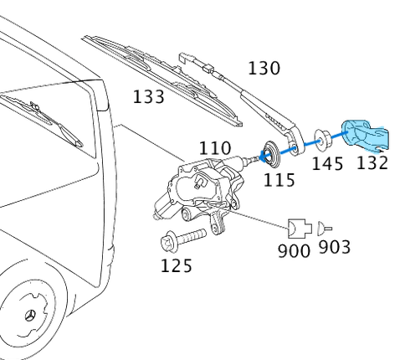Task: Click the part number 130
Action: (x=264, y=68)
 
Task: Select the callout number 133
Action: (x=148, y=96)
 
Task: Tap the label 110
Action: (x=215, y=148)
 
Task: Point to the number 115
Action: (x=279, y=180)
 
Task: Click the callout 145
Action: (x=327, y=163)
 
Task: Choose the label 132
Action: (x=372, y=162)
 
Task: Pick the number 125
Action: (x=176, y=266)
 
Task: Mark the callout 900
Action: (x=294, y=249)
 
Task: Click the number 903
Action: (x=334, y=247)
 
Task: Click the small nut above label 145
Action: (x=321, y=138)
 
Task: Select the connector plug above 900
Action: (x=298, y=227)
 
